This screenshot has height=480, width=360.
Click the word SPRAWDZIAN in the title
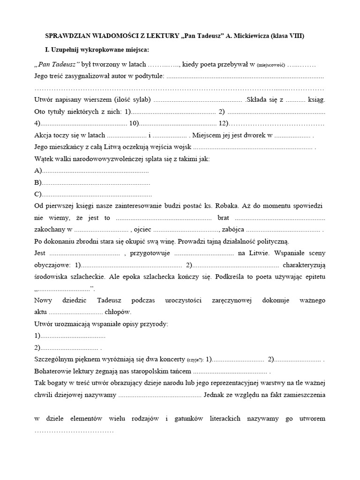[64, 36]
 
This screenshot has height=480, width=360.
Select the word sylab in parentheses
[140, 100]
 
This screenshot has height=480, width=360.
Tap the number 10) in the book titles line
[134, 124]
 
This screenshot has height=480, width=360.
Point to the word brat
[225, 218]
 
